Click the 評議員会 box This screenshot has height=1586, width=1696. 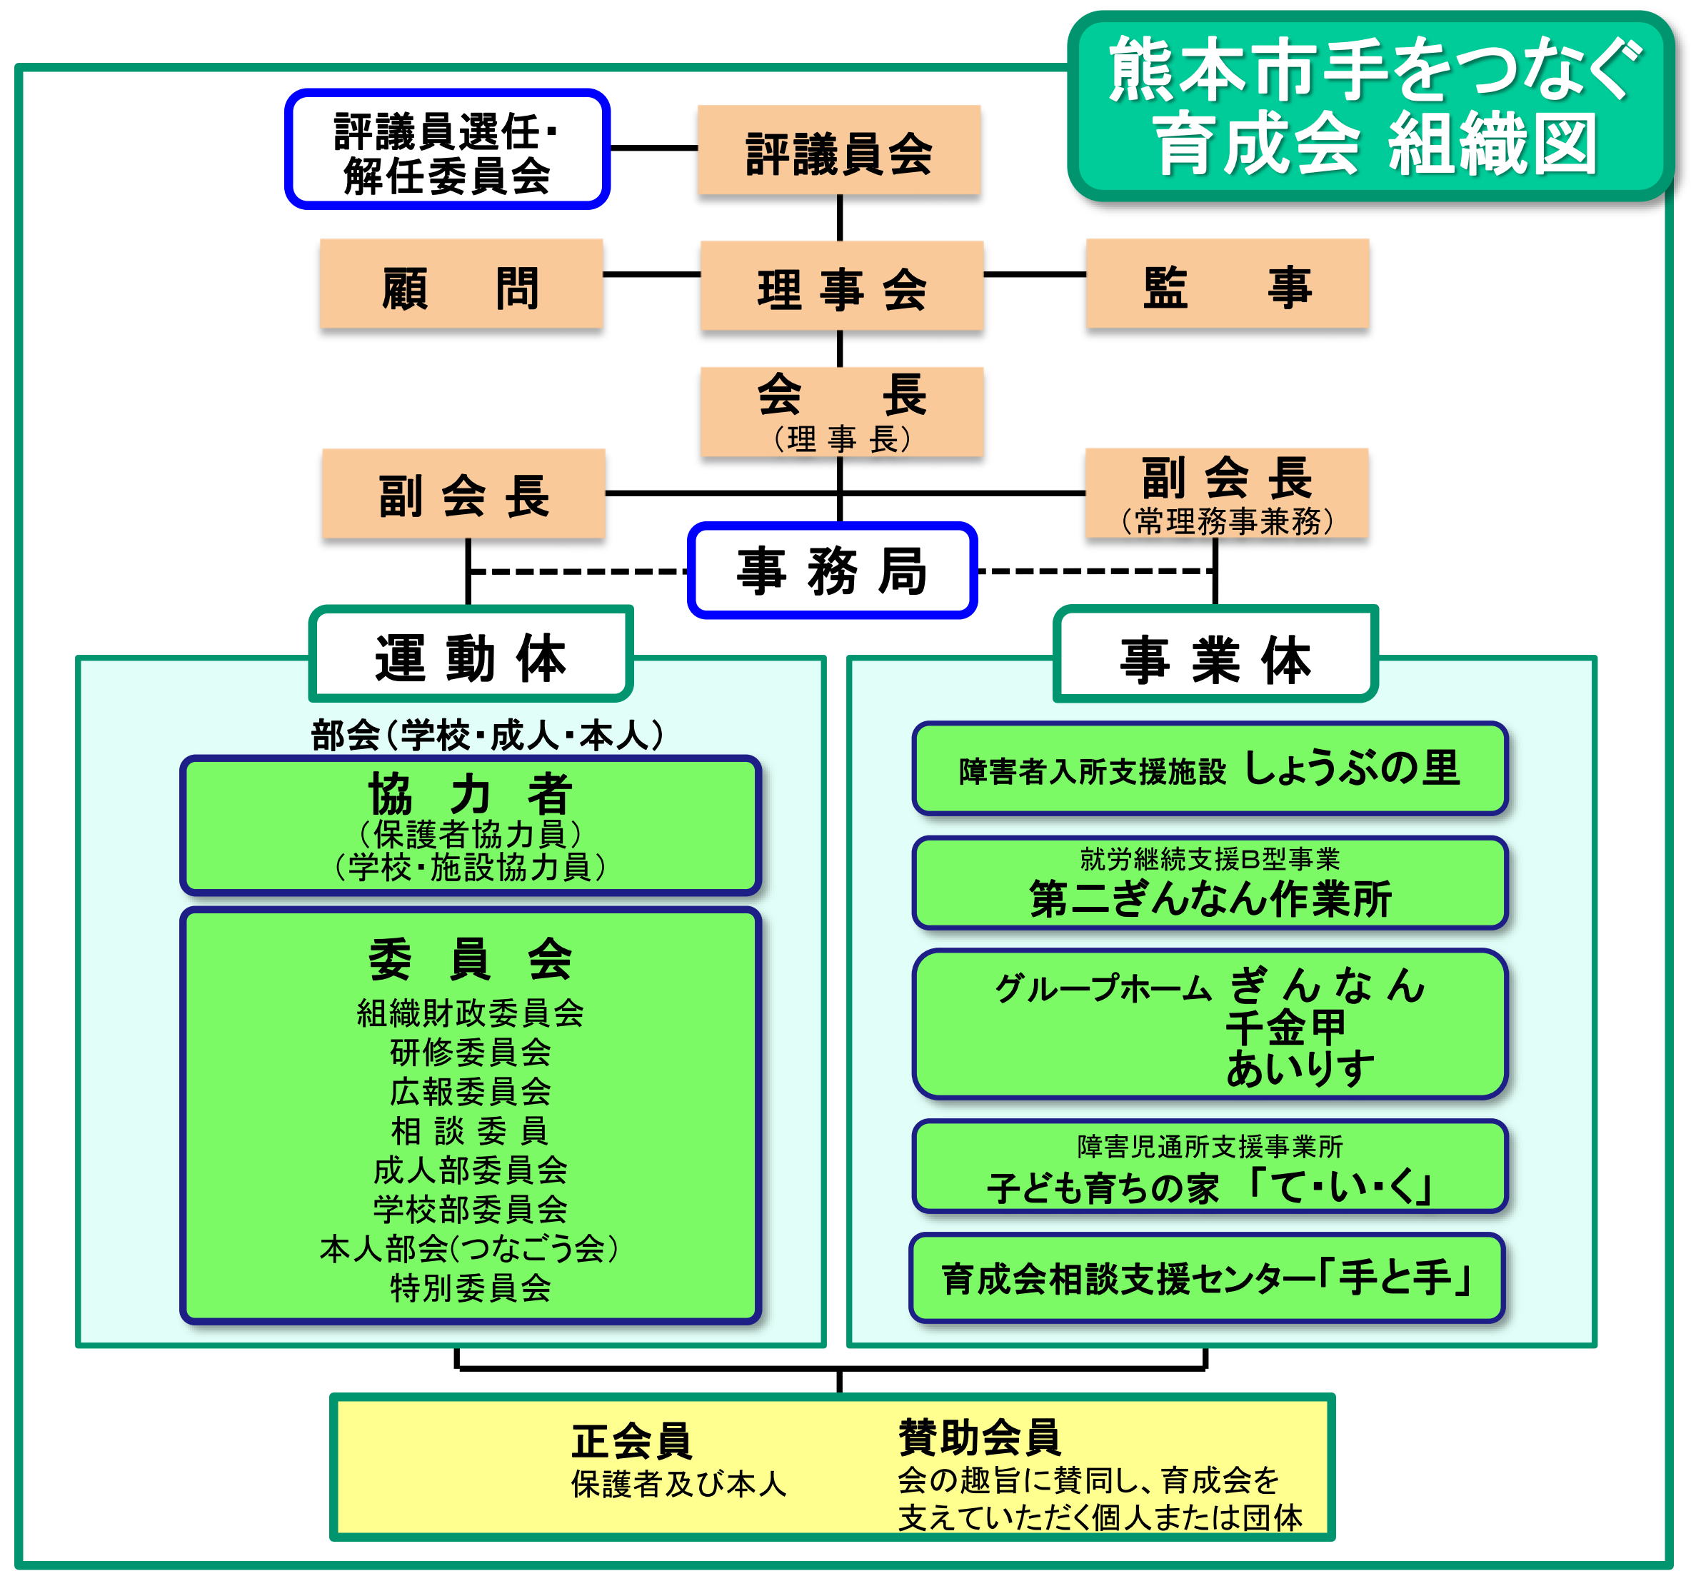(838, 150)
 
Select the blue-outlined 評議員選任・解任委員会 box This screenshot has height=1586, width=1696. (447, 149)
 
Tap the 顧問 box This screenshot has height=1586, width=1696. (461, 283)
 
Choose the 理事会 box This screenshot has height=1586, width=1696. (842, 286)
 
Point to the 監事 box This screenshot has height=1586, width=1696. (1228, 283)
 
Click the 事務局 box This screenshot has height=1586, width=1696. (833, 570)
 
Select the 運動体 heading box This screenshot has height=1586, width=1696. (471, 653)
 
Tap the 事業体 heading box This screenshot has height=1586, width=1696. (1215, 653)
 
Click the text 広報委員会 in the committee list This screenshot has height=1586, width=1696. (470, 1091)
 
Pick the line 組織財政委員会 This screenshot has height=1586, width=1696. (470, 1013)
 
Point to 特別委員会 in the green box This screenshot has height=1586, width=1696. (470, 1288)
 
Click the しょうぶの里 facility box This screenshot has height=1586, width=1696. (1210, 768)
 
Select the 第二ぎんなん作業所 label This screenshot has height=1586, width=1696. (1210, 898)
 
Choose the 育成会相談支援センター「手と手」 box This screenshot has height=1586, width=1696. (1207, 1278)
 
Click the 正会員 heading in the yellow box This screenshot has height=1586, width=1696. (631, 1441)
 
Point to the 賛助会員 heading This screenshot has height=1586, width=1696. (979, 1437)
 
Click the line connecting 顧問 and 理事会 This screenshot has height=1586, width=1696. (652, 275)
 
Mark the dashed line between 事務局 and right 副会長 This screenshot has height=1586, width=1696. (1096, 571)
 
